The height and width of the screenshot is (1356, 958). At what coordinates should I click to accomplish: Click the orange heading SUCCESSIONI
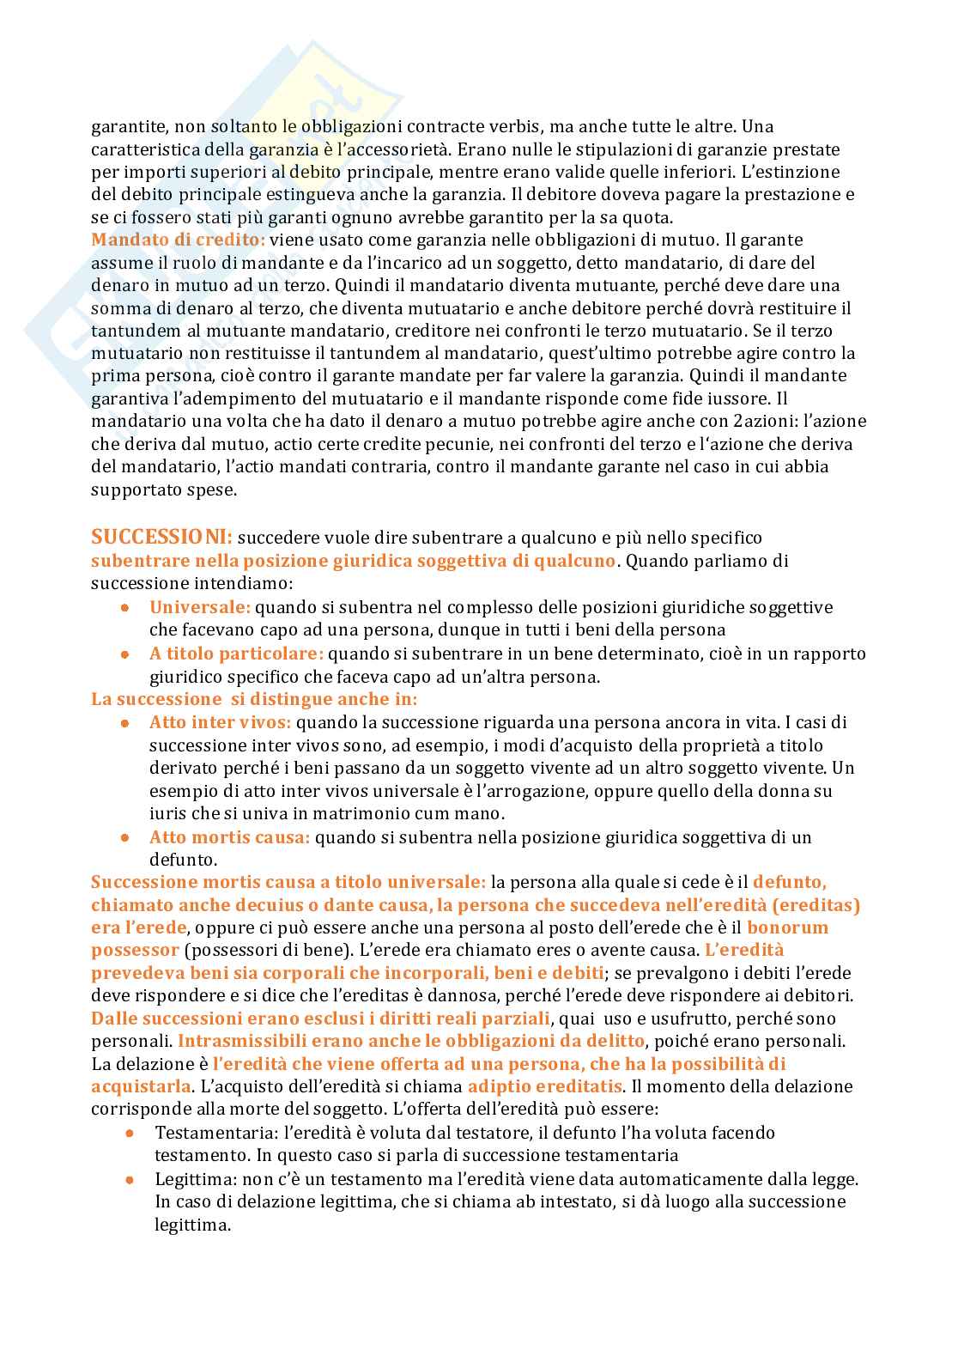pyautogui.click(x=161, y=538)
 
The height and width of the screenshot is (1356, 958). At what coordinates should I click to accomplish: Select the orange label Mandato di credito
pyautogui.click(x=179, y=240)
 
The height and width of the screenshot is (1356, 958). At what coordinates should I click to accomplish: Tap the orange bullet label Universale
pyautogui.click(x=200, y=607)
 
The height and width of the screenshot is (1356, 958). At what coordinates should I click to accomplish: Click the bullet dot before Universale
pyautogui.click(x=125, y=607)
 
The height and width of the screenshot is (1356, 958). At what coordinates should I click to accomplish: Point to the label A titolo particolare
pyautogui.click(x=236, y=654)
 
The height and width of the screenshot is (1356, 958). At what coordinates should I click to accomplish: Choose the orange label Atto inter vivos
pyautogui.click(x=220, y=722)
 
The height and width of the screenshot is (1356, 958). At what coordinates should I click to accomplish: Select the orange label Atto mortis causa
pyautogui.click(x=229, y=837)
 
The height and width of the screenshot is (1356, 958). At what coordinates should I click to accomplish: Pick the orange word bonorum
pyautogui.click(x=788, y=927)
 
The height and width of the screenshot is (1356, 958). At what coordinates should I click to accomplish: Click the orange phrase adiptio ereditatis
pyautogui.click(x=545, y=1086)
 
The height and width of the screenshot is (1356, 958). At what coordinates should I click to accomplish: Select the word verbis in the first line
pyautogui.click(x=512, y=126)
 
